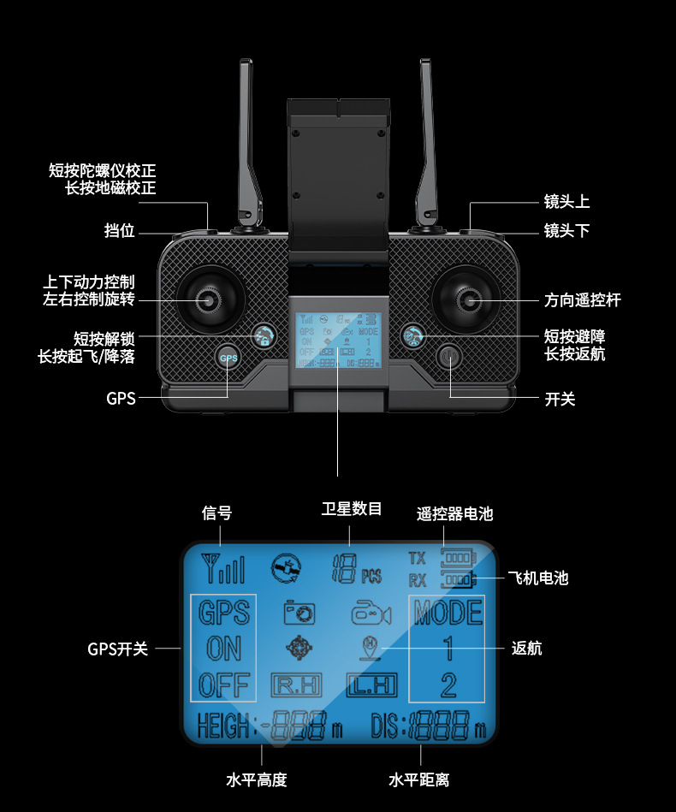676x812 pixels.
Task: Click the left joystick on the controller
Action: click(207, 299)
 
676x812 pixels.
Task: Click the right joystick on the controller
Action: click(467, 299)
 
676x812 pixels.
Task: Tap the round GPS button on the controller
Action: click(228, 359)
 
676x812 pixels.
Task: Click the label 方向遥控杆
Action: click(582, 300)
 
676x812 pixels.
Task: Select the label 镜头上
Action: click(566, 202)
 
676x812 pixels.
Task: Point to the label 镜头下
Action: click(566, 231)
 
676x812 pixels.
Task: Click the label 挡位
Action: click(119, 231)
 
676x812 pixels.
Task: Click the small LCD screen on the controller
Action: click(338, 340)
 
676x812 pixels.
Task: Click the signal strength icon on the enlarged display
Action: click(222, 567)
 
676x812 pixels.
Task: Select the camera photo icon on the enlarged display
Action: click(299, 612)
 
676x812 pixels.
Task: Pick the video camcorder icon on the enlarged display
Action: click(371, 613)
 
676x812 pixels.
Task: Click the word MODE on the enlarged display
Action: click(448, 613)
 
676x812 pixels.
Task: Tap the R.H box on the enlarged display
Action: click(296, 685)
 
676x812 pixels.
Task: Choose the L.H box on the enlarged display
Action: click(371, 685)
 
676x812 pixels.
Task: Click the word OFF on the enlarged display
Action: click(223, 685)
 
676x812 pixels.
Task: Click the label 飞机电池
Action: click(537, 578)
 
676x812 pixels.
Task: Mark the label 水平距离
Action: click(418, 779)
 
